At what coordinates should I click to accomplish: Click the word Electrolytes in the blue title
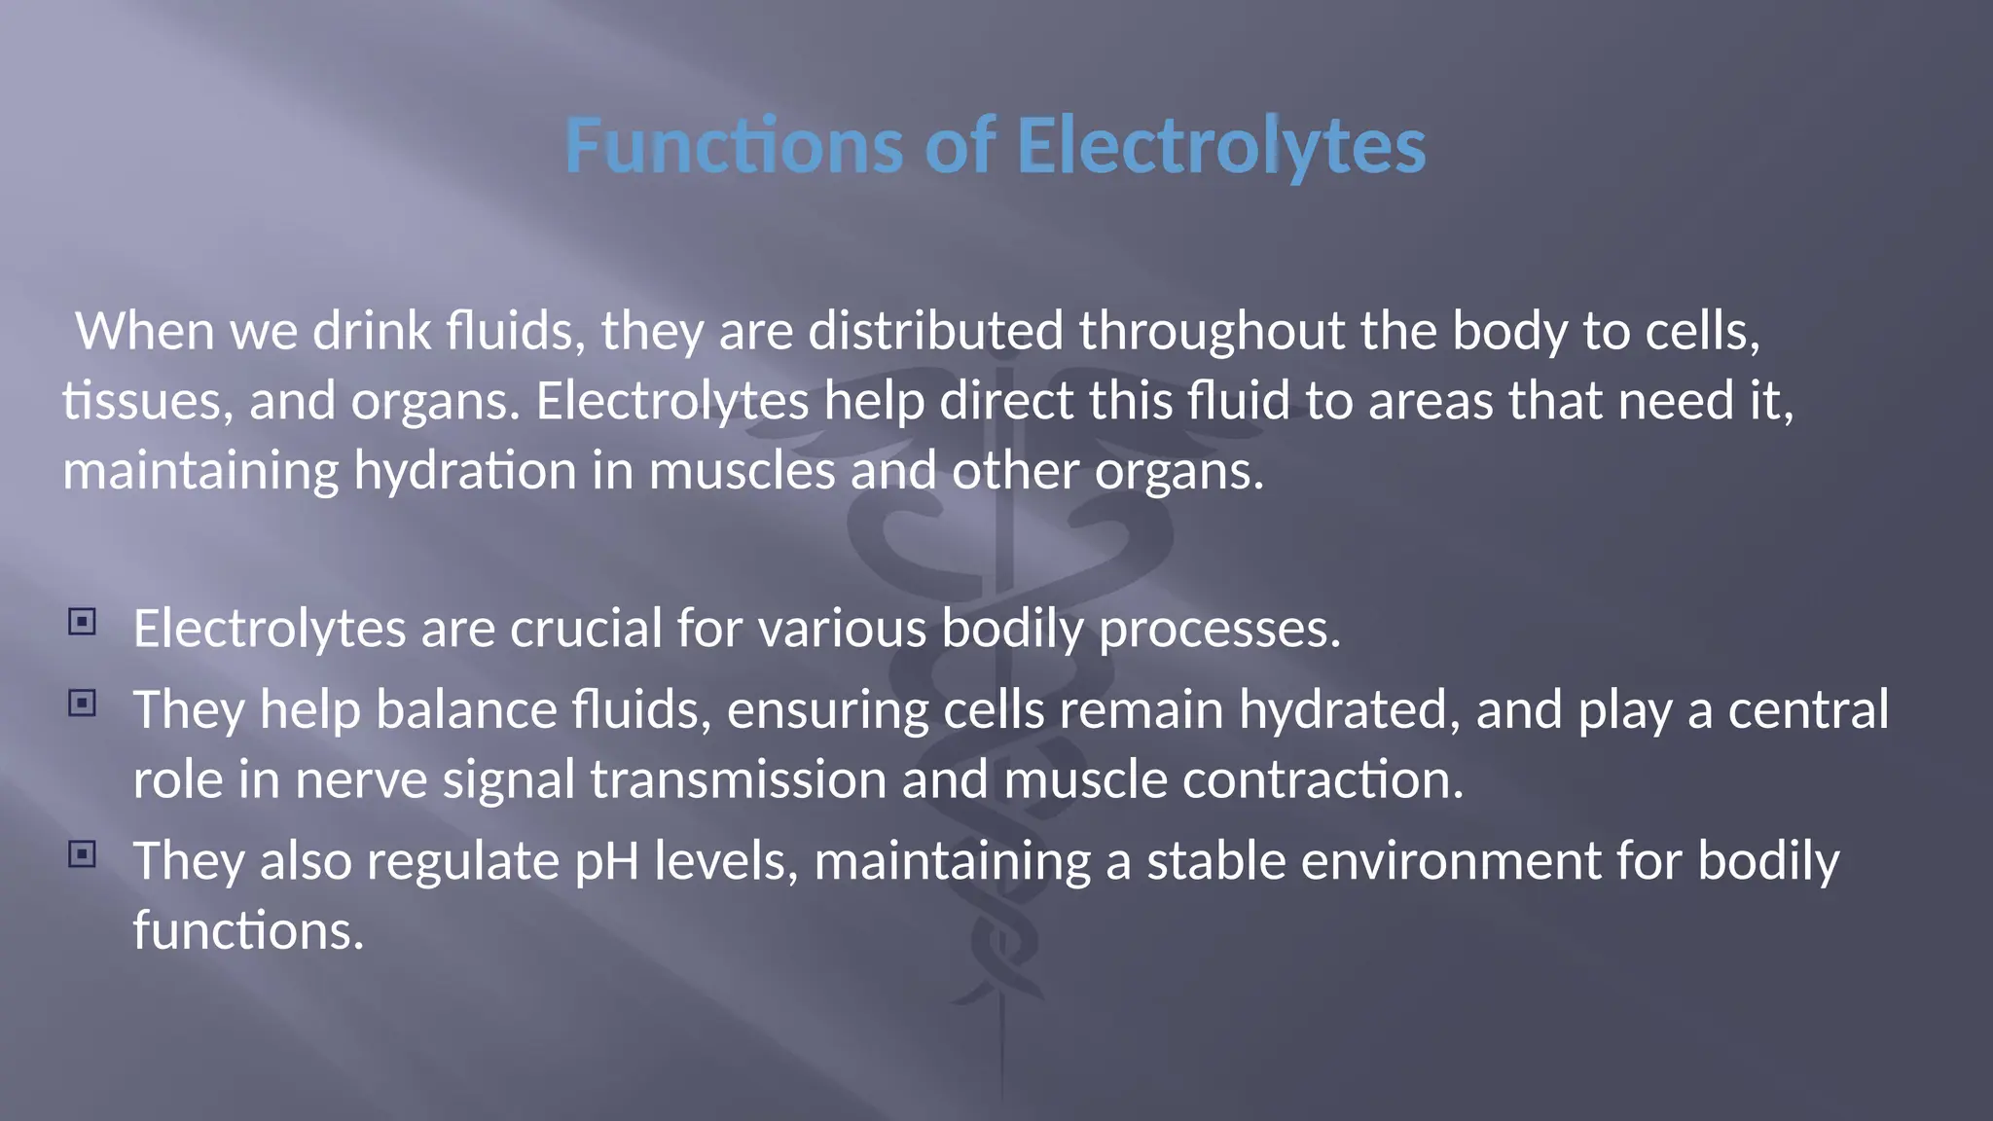[x=1220, y=146]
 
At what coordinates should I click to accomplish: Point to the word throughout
[x=1212, y=331]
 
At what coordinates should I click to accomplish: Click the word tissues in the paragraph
[x=147, y=401]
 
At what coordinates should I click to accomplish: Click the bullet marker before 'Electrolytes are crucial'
[x=83, y=622]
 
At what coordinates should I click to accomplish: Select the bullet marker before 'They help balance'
[x=83, y=703]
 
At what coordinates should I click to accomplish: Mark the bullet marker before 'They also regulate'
[x=83, y=854]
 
